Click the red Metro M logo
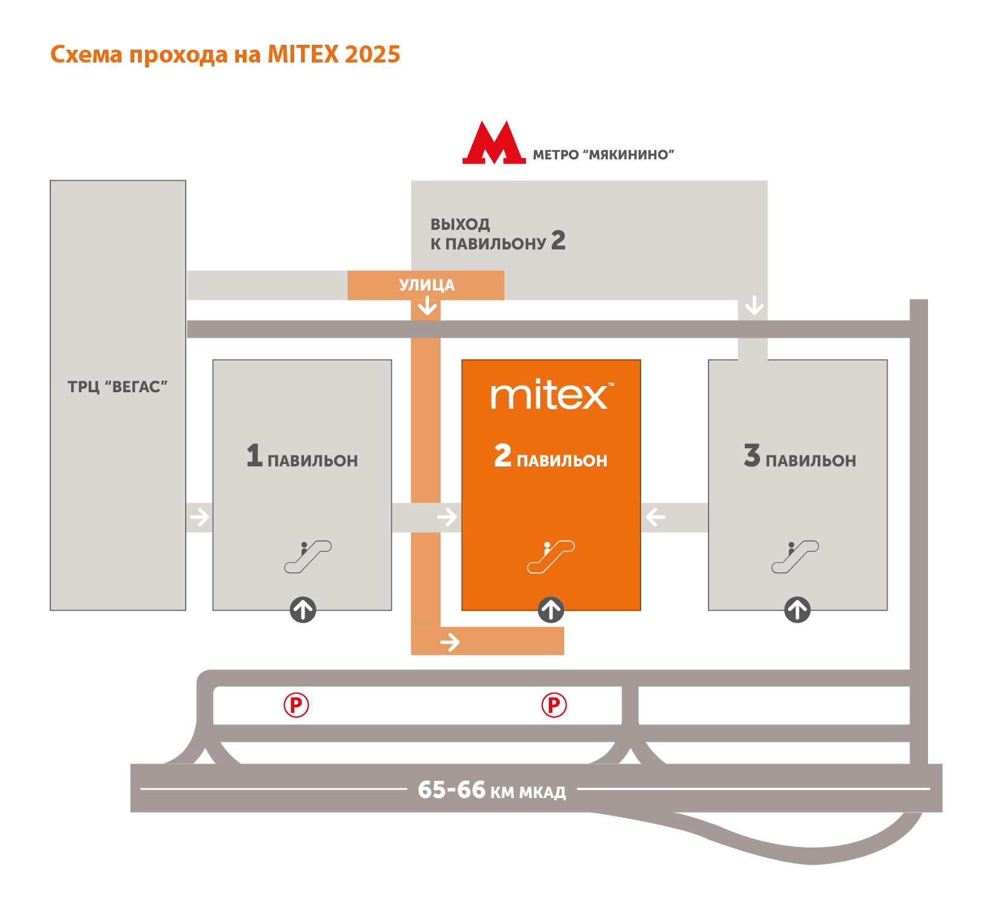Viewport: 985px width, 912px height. [494, 143]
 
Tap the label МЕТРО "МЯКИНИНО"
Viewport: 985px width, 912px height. [603, 155]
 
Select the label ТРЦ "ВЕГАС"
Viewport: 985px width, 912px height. [118, 387]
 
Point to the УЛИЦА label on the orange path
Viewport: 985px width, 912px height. [427, 285]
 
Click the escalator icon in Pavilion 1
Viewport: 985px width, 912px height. [308, 557]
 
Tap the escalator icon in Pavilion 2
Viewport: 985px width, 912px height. [550, 557]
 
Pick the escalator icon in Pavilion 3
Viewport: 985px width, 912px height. [795, 557]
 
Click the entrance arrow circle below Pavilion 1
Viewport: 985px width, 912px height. [303, 610]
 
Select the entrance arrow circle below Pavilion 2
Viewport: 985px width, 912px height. [551, 610]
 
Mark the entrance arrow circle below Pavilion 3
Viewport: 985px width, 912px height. [797, 610]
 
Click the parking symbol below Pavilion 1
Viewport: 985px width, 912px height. [296, 705]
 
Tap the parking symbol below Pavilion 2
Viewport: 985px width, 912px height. [554, 705]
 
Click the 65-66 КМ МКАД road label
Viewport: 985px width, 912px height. [492, 790]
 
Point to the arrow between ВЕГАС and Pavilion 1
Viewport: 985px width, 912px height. [199, 517]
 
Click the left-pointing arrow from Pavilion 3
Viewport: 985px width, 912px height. [656, 517]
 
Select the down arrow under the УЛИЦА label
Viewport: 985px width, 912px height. [427, 305]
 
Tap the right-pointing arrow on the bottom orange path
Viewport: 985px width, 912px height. [450, 642]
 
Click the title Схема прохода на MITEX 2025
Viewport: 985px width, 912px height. [225, 55]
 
